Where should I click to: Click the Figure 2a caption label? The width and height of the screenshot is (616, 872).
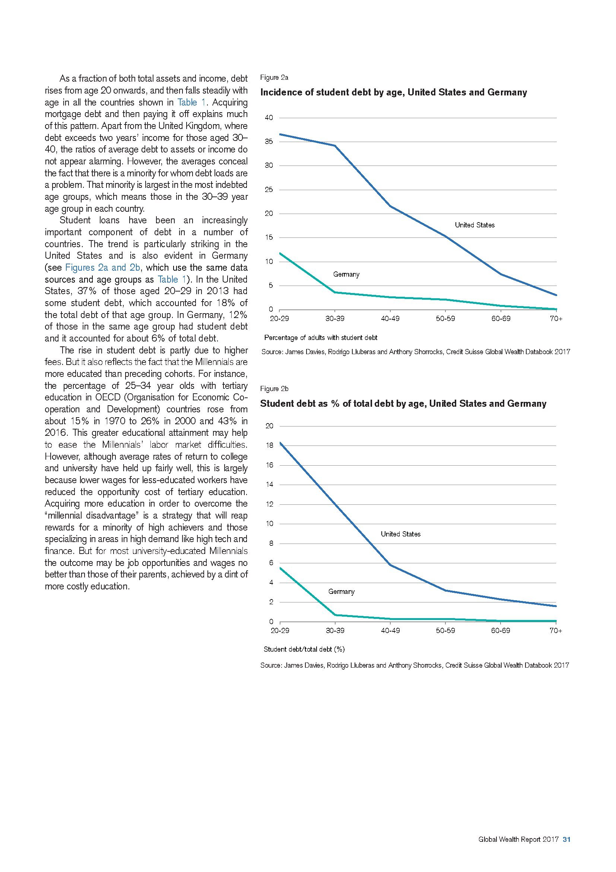[x=274, y=78]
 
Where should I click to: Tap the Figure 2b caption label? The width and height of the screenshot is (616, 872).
[x=274, y=388]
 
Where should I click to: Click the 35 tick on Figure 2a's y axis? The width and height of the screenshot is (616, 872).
[x=269, y=142]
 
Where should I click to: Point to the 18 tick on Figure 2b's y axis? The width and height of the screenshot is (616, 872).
[x=269, y=445]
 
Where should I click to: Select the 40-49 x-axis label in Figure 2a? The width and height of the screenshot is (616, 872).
[x=390, y=319]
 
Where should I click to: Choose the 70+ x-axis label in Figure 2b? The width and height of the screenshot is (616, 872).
[x=556, y=630]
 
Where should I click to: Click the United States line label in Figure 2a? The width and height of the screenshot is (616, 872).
[x=474, y=225]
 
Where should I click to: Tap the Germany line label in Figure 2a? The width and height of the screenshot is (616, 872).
[x=346, y=274]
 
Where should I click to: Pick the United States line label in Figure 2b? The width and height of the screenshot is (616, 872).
[x=401, y=534]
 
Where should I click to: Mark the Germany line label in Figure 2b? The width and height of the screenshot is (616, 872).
[x=342, y=591]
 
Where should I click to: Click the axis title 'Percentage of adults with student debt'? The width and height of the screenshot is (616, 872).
[x=321, y=338]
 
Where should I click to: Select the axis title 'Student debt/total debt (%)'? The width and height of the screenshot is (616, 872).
[x=304, y=649]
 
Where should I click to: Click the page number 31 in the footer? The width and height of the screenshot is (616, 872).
[x=566, y=839]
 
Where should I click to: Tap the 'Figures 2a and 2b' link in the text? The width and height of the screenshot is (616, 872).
[x=102, y=267]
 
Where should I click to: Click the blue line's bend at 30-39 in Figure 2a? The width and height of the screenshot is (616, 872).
[x=335, y=145]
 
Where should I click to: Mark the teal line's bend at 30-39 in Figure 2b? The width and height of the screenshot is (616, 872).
[x=335, y=615]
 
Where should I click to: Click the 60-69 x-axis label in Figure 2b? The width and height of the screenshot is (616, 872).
[x=501, y=630]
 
